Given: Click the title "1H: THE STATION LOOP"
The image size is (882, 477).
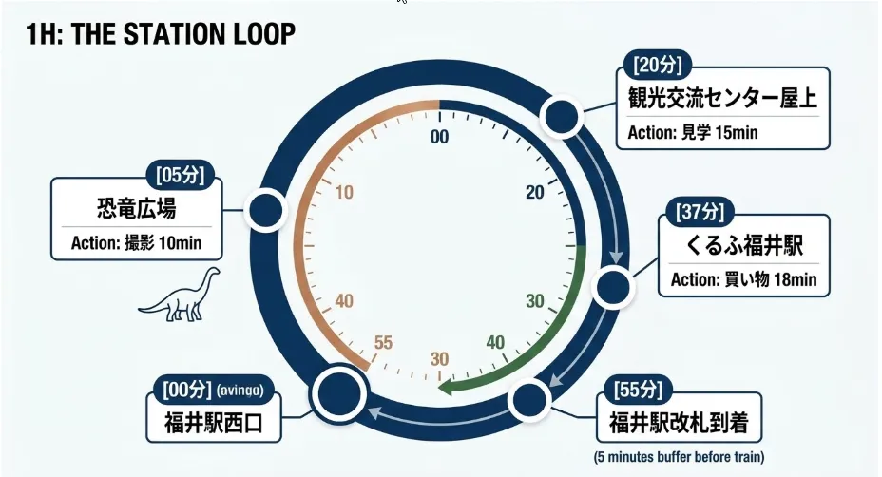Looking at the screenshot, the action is coord(161,34).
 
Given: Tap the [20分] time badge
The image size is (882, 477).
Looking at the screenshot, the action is coord(657,66).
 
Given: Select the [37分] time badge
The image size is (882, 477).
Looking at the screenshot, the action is coord(700,212).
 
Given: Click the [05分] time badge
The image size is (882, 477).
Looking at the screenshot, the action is coord(180,176).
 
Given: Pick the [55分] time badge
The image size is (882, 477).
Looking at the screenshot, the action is coord(638,390).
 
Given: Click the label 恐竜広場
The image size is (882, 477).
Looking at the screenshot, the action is coord(137,209).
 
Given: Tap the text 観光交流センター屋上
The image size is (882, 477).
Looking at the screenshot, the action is coord(723,98).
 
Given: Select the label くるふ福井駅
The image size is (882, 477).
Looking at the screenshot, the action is coord(744,245).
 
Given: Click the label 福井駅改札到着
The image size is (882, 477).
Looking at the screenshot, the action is coord(679,423).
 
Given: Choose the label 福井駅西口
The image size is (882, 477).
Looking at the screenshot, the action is coord(214,423).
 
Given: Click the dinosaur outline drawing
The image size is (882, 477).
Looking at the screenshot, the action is coord(180,295).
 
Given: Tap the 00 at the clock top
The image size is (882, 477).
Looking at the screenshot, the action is coord(439,137).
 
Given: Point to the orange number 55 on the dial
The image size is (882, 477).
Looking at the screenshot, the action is coord(383,343).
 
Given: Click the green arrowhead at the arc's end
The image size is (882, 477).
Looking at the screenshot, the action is coord(448,387).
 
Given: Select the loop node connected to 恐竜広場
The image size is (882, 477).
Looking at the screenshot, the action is coord(265,210).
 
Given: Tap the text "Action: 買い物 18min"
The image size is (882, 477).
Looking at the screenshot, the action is coord(743,279).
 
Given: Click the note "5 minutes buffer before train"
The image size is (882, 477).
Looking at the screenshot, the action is coord(679,457).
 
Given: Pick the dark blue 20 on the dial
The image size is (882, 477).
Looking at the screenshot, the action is coord(535,192).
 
